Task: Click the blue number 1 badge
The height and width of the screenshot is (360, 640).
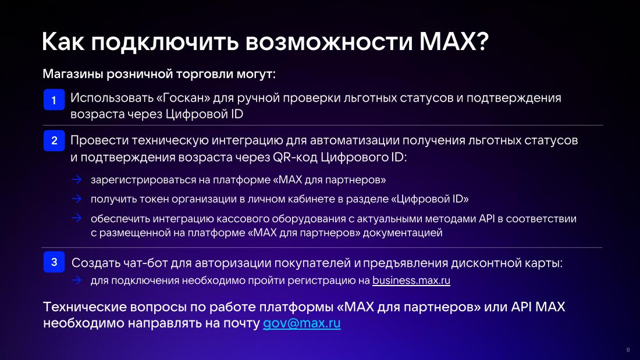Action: point(54,99)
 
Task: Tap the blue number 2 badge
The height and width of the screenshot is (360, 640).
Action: point(54,140)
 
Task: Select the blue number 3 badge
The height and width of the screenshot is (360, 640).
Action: point(54,262)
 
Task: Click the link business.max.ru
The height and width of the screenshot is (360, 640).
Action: point(411,280)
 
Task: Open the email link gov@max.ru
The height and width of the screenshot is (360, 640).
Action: point(301,323)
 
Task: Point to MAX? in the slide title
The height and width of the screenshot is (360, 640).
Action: point(454,41)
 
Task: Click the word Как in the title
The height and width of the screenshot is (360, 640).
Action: point(63,41)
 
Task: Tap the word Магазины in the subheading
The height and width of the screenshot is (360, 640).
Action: point(73,74)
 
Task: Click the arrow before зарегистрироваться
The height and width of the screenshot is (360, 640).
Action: point(77,179)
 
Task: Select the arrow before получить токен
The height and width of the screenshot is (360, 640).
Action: point(77,198)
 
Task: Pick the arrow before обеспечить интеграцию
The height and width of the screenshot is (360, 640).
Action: point(77,218)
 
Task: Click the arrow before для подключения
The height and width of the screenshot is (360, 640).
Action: point(77,280)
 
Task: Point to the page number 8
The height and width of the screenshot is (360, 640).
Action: point(628,350)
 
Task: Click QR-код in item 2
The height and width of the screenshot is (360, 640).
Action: point(295,157)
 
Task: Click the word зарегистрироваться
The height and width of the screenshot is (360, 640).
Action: point(143,180)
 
